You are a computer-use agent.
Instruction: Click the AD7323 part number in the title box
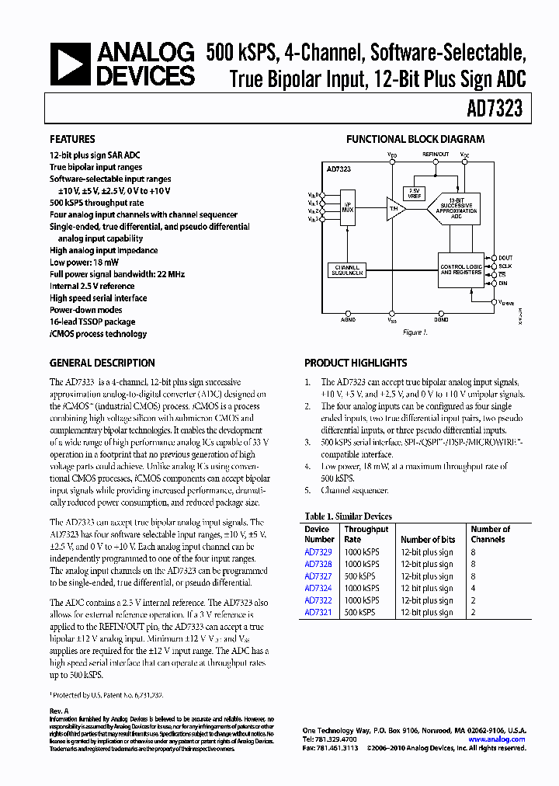494,110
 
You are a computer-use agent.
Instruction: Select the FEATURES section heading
73,140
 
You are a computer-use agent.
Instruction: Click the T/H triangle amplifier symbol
395,209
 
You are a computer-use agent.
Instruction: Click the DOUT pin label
505,257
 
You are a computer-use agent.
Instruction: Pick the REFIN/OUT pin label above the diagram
436,154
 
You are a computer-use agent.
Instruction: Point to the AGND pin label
349,319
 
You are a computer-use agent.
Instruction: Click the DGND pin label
441,319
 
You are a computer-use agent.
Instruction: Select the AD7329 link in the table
318,552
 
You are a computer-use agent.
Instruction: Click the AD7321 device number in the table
318,613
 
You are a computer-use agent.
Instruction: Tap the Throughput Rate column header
366,534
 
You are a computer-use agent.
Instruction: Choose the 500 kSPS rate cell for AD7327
360,576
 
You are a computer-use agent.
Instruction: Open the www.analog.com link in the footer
501,739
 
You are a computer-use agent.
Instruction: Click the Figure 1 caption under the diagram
415,332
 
